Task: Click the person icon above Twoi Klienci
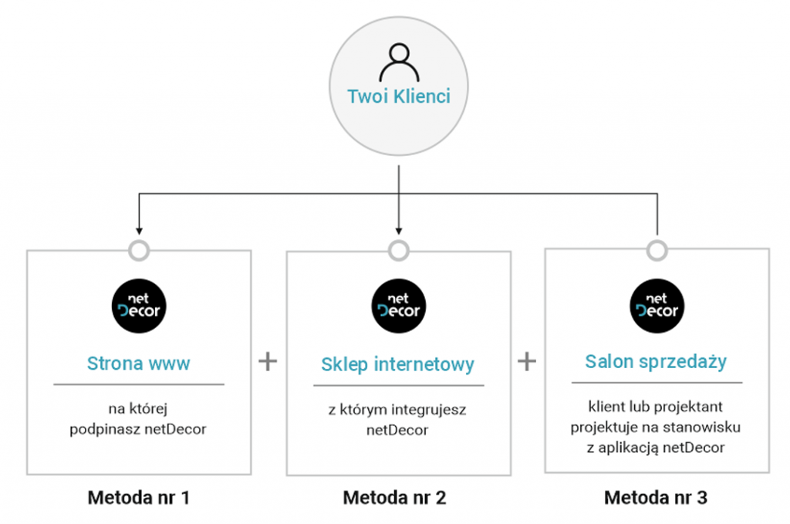[399, 63]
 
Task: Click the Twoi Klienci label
[399, 96]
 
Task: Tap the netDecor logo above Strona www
[139, 306]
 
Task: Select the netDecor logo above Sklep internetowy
[399, 306]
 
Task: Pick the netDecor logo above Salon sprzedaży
[657, 306]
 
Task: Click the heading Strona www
[139, 363]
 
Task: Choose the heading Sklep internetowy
[397, 364]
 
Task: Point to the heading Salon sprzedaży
[656, 362]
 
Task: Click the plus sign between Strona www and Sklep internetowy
[268, 361]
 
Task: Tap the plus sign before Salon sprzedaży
[527, 361]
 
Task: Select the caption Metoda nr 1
[139, 498]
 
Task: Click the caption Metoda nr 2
[394, 498]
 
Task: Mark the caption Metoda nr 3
[656, 498]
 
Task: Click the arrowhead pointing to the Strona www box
[139, 232]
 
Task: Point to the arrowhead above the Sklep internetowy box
[399, 232]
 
